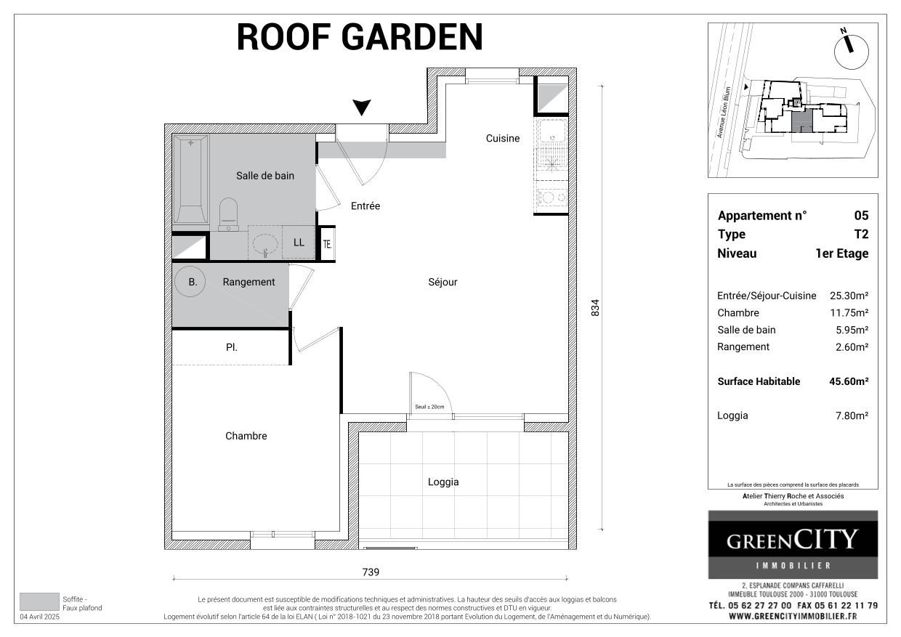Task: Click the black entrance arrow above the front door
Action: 362,108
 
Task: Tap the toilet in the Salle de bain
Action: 228,214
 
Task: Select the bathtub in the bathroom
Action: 191,179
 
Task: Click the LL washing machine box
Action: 299,243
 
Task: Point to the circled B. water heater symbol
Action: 193,282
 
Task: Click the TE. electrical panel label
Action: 328,245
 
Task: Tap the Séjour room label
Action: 443,282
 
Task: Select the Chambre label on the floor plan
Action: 246,436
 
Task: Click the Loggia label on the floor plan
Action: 443,482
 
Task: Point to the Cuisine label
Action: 503,138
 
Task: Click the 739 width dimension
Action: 371,572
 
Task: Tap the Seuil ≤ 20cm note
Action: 429,407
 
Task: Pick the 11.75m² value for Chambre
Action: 850,313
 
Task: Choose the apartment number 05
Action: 861,216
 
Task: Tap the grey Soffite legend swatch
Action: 39,601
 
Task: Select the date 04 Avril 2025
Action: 40,617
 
